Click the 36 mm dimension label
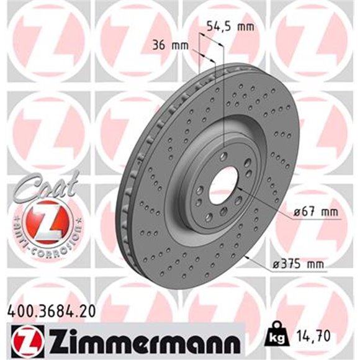tap(168, 45)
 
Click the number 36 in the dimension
tap(159, 45)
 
